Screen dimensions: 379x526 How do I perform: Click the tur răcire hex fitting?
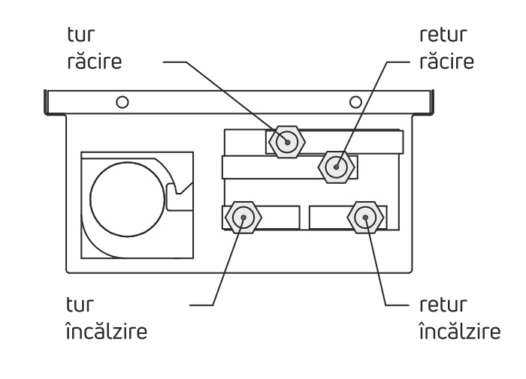coord(286,141)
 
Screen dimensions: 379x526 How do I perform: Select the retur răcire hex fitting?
coord(335,166)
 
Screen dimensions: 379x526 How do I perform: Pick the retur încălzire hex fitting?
coord(364,218)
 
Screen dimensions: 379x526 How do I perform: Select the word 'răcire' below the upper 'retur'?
coord(447,61)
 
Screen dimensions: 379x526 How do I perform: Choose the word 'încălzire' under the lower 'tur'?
coord(106,331)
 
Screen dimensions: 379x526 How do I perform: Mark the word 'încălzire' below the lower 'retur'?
coord(458,331)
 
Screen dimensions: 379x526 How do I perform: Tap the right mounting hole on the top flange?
coord(355,101)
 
